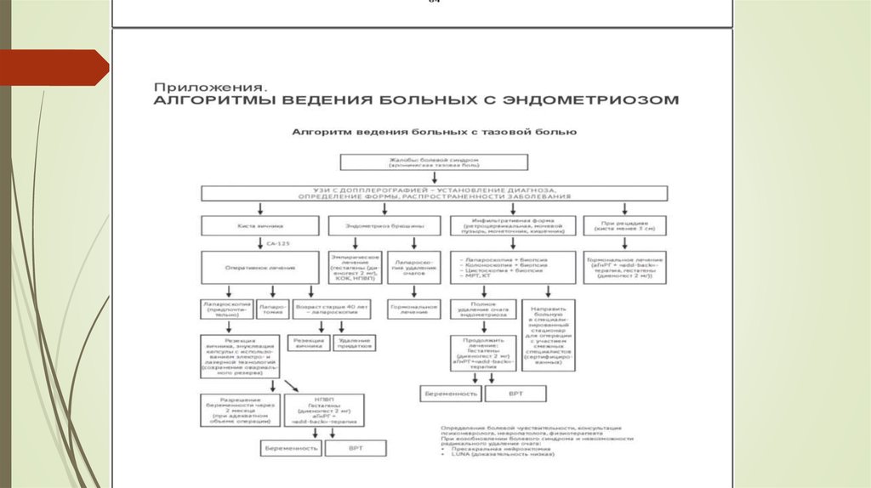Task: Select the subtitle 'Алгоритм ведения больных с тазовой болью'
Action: [x=435, y=133]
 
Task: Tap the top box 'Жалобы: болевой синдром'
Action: [x=434, y=162]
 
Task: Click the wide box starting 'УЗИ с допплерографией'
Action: [x=434, y=192]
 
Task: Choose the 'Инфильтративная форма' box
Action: [x=512, y=225]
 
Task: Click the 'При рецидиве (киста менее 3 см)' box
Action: [x=624, y=225]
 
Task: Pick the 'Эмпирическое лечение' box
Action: [x=354, y=267]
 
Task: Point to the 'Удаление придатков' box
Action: [x=352, y=343]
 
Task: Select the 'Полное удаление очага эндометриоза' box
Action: [x=483, y=309]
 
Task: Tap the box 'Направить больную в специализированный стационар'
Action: [x=552, y=334]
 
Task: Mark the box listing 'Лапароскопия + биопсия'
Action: [x=512, y=267]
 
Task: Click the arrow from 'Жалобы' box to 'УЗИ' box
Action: [x=434, y=177]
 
